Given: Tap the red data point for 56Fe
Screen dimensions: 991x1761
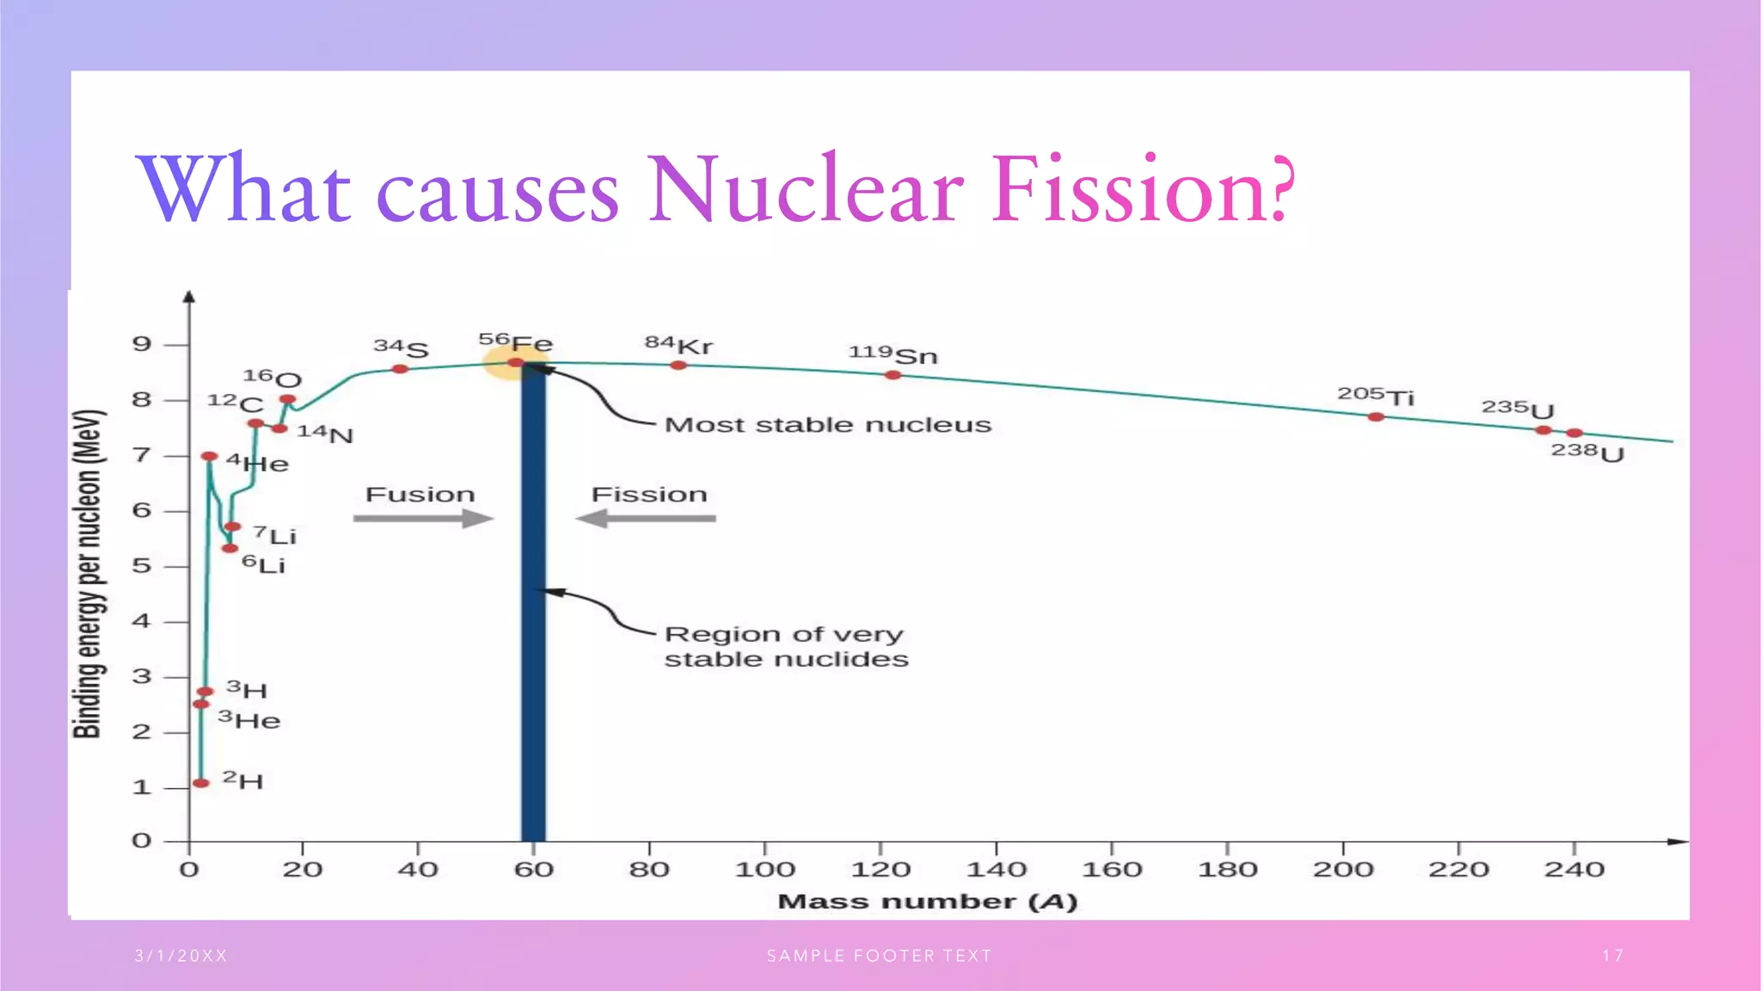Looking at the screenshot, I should pyautogui.click(x=515, y=363).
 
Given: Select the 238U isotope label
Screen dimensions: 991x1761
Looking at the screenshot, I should pyautogui.click(x=1587, y=452).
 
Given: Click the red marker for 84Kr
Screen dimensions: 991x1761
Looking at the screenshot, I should pyautogui.click(x=678, y=366).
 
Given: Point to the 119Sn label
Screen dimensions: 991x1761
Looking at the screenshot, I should pyautogui.click(x=893, y=354).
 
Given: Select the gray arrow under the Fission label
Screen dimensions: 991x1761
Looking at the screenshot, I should pyautogui.click(x=646, y=519).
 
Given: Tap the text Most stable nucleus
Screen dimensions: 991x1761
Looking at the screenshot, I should pyautogui.click(x=827, y=425).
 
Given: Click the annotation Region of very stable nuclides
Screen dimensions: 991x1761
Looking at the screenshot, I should pyautogui.click(x=785, y=647).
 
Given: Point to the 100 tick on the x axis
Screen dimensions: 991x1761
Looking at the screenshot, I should pyautogui.click(x=764, y=870).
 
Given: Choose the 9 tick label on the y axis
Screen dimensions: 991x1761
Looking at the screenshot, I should pyautogui.click(x=142, y=345).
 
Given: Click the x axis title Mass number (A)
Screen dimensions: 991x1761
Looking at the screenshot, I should pyautogui.click(x=927, y=902).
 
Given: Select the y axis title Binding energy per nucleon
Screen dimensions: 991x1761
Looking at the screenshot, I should pyautogui.click(x=88, y=574).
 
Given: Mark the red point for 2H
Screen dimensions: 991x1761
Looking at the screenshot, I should pyautogui.click(x=201, y=783).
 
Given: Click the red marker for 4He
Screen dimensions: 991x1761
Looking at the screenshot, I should pyautogui.click(x=209, y=456).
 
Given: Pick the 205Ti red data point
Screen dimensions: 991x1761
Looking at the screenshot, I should pyautogui.click(x=1376, y=417).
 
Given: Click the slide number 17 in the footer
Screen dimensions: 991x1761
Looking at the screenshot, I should pyautogui.click(x=1613, y=956).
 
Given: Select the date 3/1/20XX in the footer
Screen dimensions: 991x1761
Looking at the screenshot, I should pyautogui.click(x=181, y=956).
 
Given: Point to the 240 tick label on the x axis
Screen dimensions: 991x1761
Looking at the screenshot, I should pyautogui.click(x=1574, y=870).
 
